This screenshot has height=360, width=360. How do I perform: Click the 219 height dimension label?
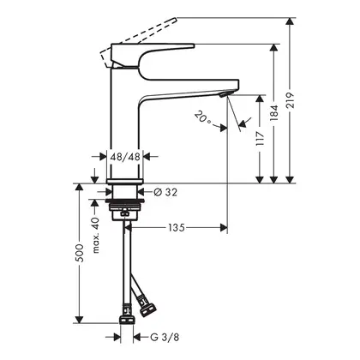tap(291, 100)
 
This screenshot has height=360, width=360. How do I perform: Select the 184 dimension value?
tap(274, 113)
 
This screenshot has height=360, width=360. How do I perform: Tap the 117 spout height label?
tap(260, 139)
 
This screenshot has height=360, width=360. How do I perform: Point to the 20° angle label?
tap(203, 118)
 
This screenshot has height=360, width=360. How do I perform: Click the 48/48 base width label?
tap(125, 157)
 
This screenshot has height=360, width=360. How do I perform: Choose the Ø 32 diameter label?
tap(165, 192)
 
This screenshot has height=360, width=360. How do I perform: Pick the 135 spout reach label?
tap(177, 228)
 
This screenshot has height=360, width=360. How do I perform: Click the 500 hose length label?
tap(80, 253)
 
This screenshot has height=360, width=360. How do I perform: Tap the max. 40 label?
tap(96, 235)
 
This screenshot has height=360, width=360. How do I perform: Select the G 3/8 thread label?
tap(165, 338)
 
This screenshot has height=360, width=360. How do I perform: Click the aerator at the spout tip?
tap(225, 94)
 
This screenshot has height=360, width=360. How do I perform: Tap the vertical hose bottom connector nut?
tap(127, 320)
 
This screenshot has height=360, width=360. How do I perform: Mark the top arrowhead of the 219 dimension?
tap(291, 22)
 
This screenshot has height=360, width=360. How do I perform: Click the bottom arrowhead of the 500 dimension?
tap(80, 319)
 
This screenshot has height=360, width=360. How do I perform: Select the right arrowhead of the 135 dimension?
tap(224, 228)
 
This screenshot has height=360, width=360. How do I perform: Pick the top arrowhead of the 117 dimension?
tap(260, 99)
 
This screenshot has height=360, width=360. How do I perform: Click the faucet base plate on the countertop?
tap(125, 182)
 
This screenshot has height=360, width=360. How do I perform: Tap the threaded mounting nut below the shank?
tap(125, 207)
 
